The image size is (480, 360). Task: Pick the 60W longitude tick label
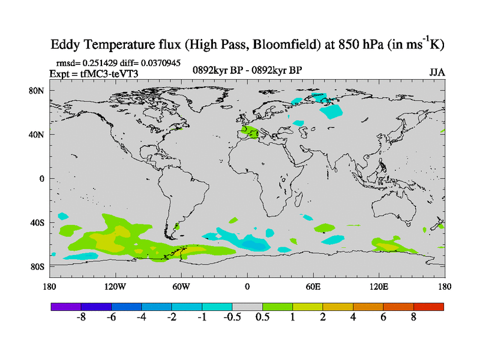pyautogui.click(x=181, y=286)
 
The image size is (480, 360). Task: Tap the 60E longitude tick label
pyautogui.click(x=313, y=286)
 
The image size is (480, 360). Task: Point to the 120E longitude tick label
pyautogui.click(x=379, y=286)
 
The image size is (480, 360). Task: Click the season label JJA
pyautogui.click(x=437, y=72)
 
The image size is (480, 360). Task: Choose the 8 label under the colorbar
pyautogui.click(x=413, y=317)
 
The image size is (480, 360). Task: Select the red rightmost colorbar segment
pyautogui.click(x=428, y=306)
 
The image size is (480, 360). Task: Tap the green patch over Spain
pyautogui.click(x=251, y=133)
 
